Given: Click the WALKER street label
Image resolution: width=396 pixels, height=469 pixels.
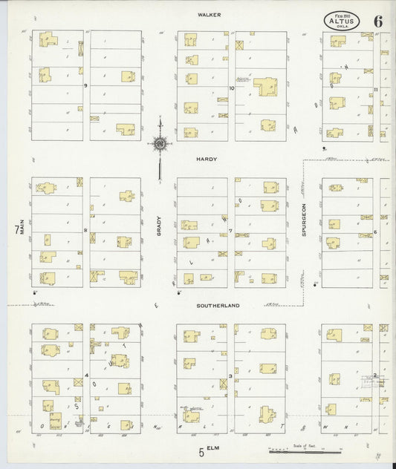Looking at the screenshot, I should click(x=206, y=14).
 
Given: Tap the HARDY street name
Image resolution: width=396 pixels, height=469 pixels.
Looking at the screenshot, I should click(x=206, y=159).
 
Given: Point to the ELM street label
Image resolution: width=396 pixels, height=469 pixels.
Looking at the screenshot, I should click(x=215, y=449).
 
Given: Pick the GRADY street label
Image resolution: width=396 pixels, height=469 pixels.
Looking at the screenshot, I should click(x=159, y=232).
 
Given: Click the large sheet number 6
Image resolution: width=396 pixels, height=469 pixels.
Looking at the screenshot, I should click(x=378, y=21).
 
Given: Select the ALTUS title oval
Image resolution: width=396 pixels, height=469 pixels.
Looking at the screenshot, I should click(x=342, y=21).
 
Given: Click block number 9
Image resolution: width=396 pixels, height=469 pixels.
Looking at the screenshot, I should click(x=86, y=86).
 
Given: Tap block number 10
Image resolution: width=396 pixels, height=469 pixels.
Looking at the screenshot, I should click(x=232, y=89).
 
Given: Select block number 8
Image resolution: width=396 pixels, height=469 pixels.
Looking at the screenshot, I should click(x=86, y=231).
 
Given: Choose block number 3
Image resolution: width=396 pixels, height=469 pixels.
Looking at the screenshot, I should click(x=231, y=376).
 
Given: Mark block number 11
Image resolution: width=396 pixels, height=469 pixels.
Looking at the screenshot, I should click(x=377, y=90).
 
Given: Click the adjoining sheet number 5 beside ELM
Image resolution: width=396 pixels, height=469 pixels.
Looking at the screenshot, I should click(x=201, y=450).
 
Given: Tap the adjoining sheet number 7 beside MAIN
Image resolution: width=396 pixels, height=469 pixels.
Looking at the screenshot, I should click(x=15, y=231).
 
